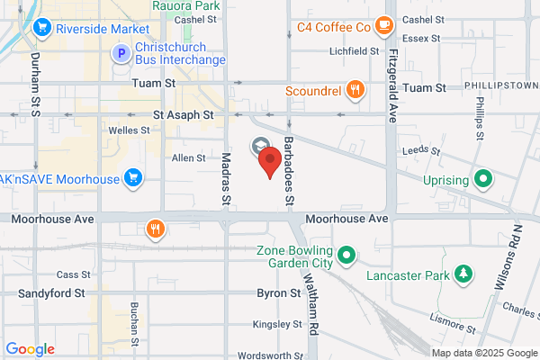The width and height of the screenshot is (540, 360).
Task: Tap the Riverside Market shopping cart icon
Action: [40, 28]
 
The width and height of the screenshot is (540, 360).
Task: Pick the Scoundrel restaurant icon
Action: [356, 90]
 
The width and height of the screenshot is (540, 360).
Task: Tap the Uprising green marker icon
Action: [483, 179]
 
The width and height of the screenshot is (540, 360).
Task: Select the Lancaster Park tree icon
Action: [463, 273]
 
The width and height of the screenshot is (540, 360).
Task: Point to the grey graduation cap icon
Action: [259, 146]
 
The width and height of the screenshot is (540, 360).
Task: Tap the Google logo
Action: [31, 349]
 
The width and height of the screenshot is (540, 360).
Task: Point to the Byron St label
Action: [278, 293]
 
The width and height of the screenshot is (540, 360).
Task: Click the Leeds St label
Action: [418, 150]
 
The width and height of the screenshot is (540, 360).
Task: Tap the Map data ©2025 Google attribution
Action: [483, 352]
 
